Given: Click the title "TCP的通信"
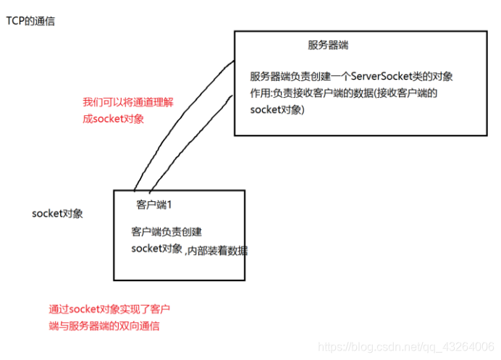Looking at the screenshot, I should coord(30,21).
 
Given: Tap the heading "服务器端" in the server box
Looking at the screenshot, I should coord(329,45).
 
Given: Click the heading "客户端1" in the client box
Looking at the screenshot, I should coord(154,205).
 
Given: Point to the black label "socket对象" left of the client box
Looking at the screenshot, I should coord(58,214).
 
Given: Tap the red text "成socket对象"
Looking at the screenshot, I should coord(114,119).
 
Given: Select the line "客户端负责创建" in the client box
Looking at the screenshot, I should coord(167,233).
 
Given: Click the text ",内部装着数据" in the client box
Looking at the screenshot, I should coord(216,250).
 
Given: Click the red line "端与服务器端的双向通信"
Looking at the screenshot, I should coord(104,326).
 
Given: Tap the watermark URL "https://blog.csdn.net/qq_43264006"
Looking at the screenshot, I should coord(406,348).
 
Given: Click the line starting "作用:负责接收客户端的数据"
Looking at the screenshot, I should coord(344,93).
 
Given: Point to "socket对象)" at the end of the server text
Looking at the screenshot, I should coord(278,110).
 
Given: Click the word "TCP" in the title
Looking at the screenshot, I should coord(15,21).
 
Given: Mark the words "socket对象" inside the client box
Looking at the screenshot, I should coord(157,249).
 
